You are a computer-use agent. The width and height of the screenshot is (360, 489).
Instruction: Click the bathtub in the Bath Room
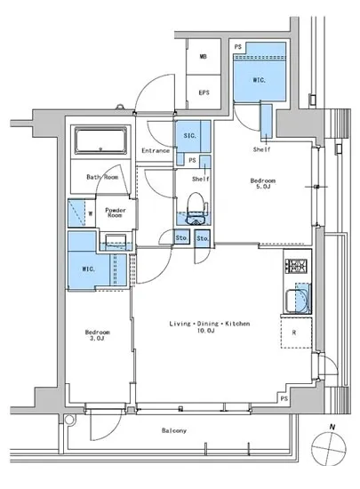pos(100,140)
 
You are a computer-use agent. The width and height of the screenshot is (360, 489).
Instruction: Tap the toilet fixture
pos(196,208)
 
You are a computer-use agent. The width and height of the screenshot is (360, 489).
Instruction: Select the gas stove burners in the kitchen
pos(296,266)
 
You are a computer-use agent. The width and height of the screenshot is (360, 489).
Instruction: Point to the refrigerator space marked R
pos(296,333)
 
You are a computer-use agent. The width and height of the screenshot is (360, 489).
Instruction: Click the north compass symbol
pos(329,446)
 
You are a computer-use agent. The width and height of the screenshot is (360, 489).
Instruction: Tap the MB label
pos(204,57)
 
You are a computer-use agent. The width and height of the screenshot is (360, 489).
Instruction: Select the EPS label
pos(204,92)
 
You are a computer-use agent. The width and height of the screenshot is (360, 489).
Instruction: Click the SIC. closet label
pos(190,136)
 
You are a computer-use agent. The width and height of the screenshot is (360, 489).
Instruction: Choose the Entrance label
pos(156,150)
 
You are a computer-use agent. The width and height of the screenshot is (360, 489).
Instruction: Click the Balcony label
pos(174,430)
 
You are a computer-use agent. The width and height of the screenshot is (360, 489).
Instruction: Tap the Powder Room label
pos(116,212)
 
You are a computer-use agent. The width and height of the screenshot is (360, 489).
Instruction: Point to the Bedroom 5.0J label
pos(263,183)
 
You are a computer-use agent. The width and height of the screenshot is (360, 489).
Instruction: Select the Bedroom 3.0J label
pos(97,335)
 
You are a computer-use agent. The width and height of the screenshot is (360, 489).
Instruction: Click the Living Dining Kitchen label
pos(210,327)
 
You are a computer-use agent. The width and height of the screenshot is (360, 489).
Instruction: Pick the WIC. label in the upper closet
pos(259,80)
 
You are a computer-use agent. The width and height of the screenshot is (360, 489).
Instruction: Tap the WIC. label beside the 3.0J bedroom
pos(88,269)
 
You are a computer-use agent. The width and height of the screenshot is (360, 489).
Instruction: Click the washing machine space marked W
pos(91,213)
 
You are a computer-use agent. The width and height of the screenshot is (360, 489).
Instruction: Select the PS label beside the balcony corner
pos(284,398)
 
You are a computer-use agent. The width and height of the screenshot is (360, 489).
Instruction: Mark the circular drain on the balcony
pos(69,420)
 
